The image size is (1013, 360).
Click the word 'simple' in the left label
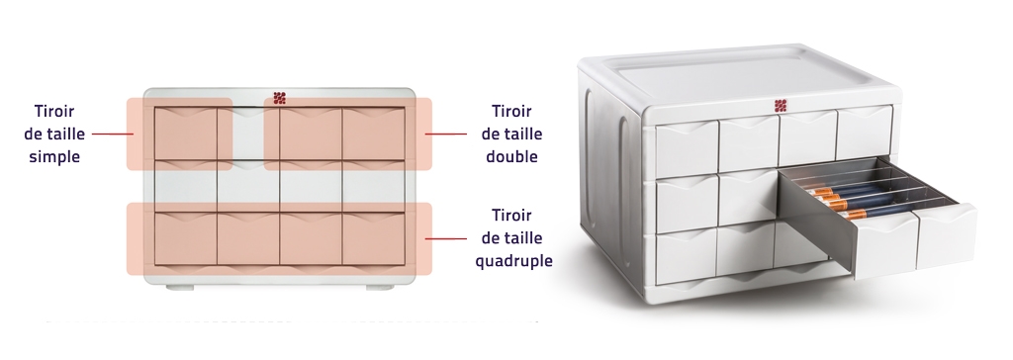[x=55, y=157]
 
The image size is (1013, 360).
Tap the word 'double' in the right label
[x=511, y=156]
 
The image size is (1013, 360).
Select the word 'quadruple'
[x=514, y=260]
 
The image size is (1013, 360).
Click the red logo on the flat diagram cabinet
[x=279, y=98]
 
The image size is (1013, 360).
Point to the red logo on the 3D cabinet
[x=781, y=106]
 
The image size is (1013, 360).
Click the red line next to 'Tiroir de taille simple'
[x=113, y=135]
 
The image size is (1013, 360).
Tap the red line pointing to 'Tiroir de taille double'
[x=446, y=135]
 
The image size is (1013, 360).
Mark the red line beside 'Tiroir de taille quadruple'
[x=446, y=239]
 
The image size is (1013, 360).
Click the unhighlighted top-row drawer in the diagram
[x=248, y=135]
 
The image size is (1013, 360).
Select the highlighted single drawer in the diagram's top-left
[x=185, y=135]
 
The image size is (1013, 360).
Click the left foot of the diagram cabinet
[x=180, y=287]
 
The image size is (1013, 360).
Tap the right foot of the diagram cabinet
[x=380, y=287]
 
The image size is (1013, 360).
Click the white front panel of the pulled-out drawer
[x=915, y=240]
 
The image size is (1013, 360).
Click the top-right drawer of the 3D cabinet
[x=865, y=133]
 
